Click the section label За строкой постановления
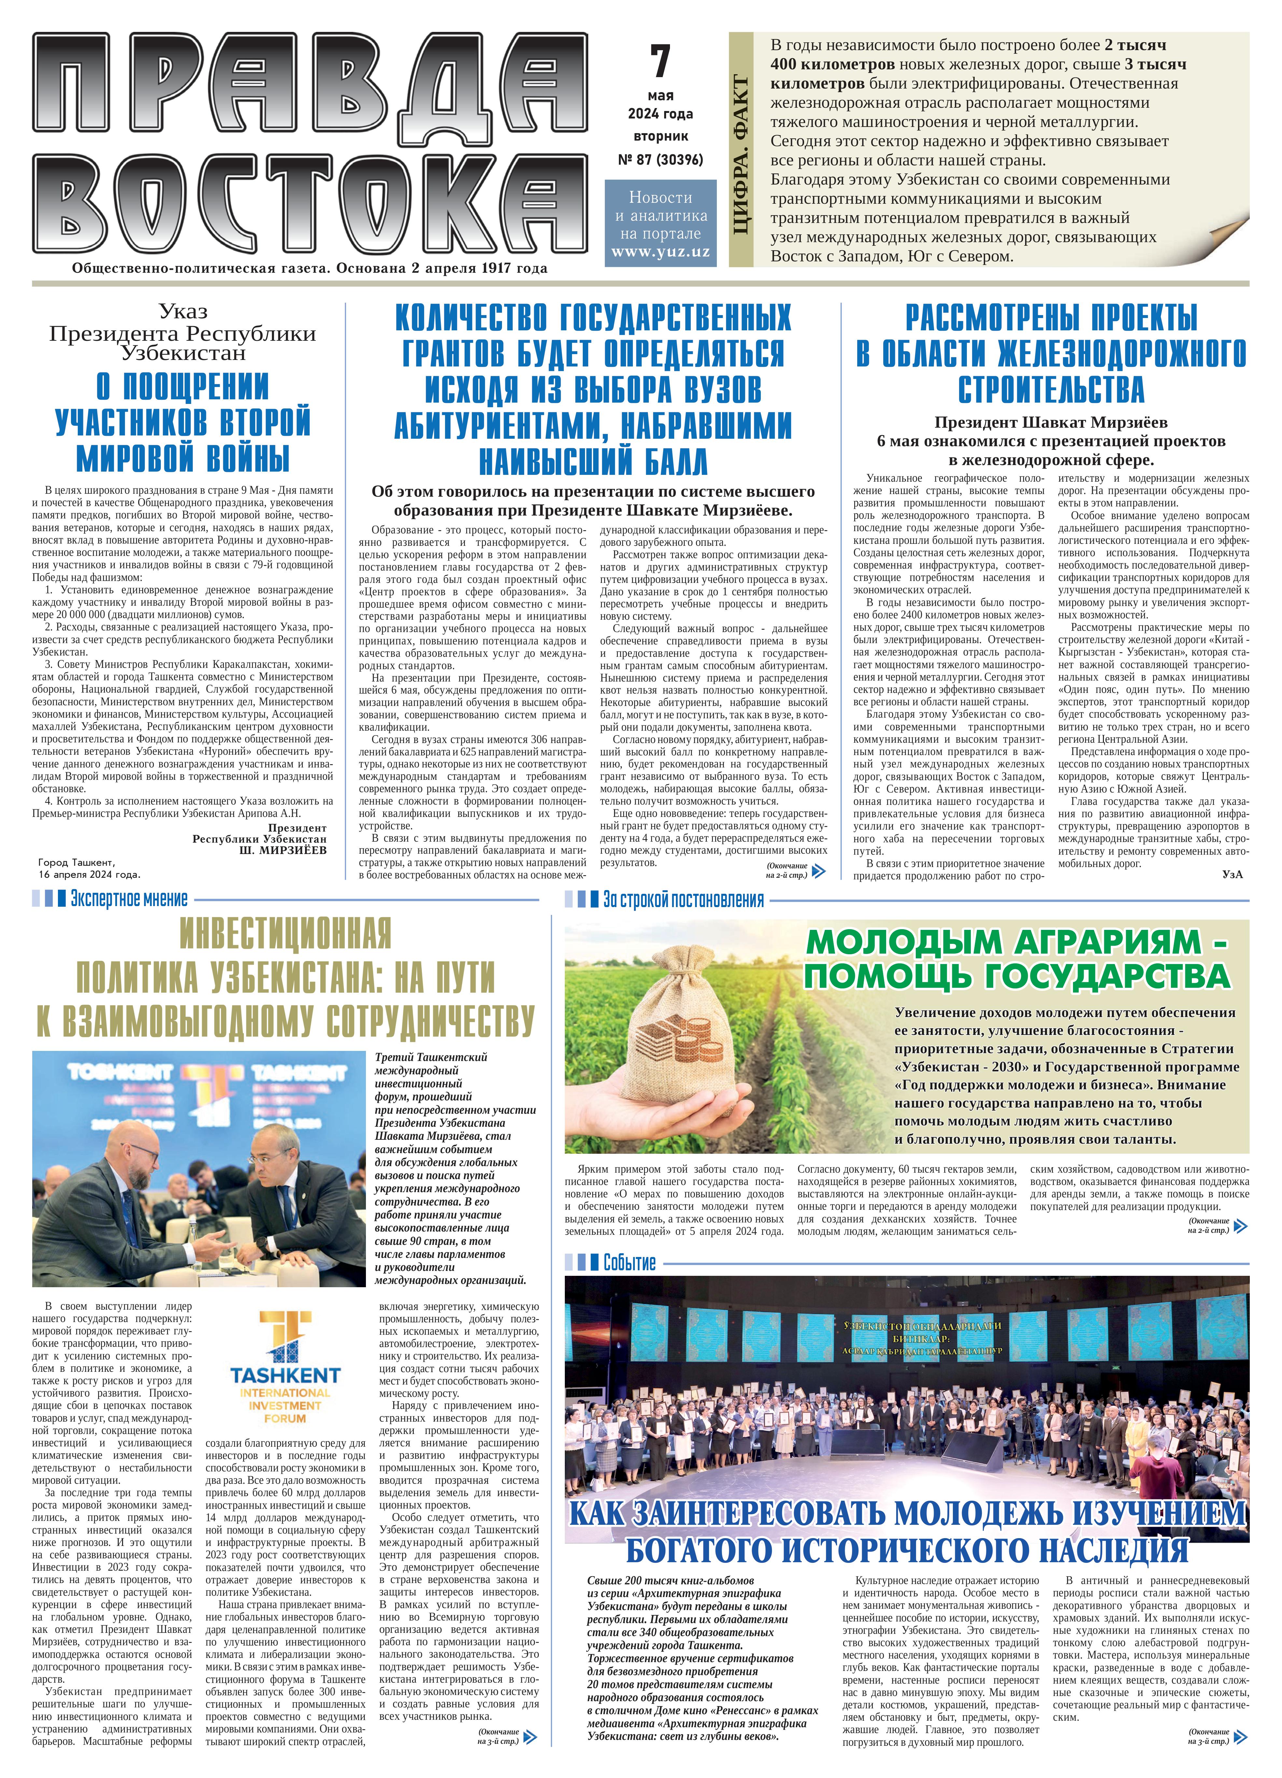point(683,899)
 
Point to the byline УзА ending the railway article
point(1232,874)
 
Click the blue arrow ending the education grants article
point(819,870)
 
